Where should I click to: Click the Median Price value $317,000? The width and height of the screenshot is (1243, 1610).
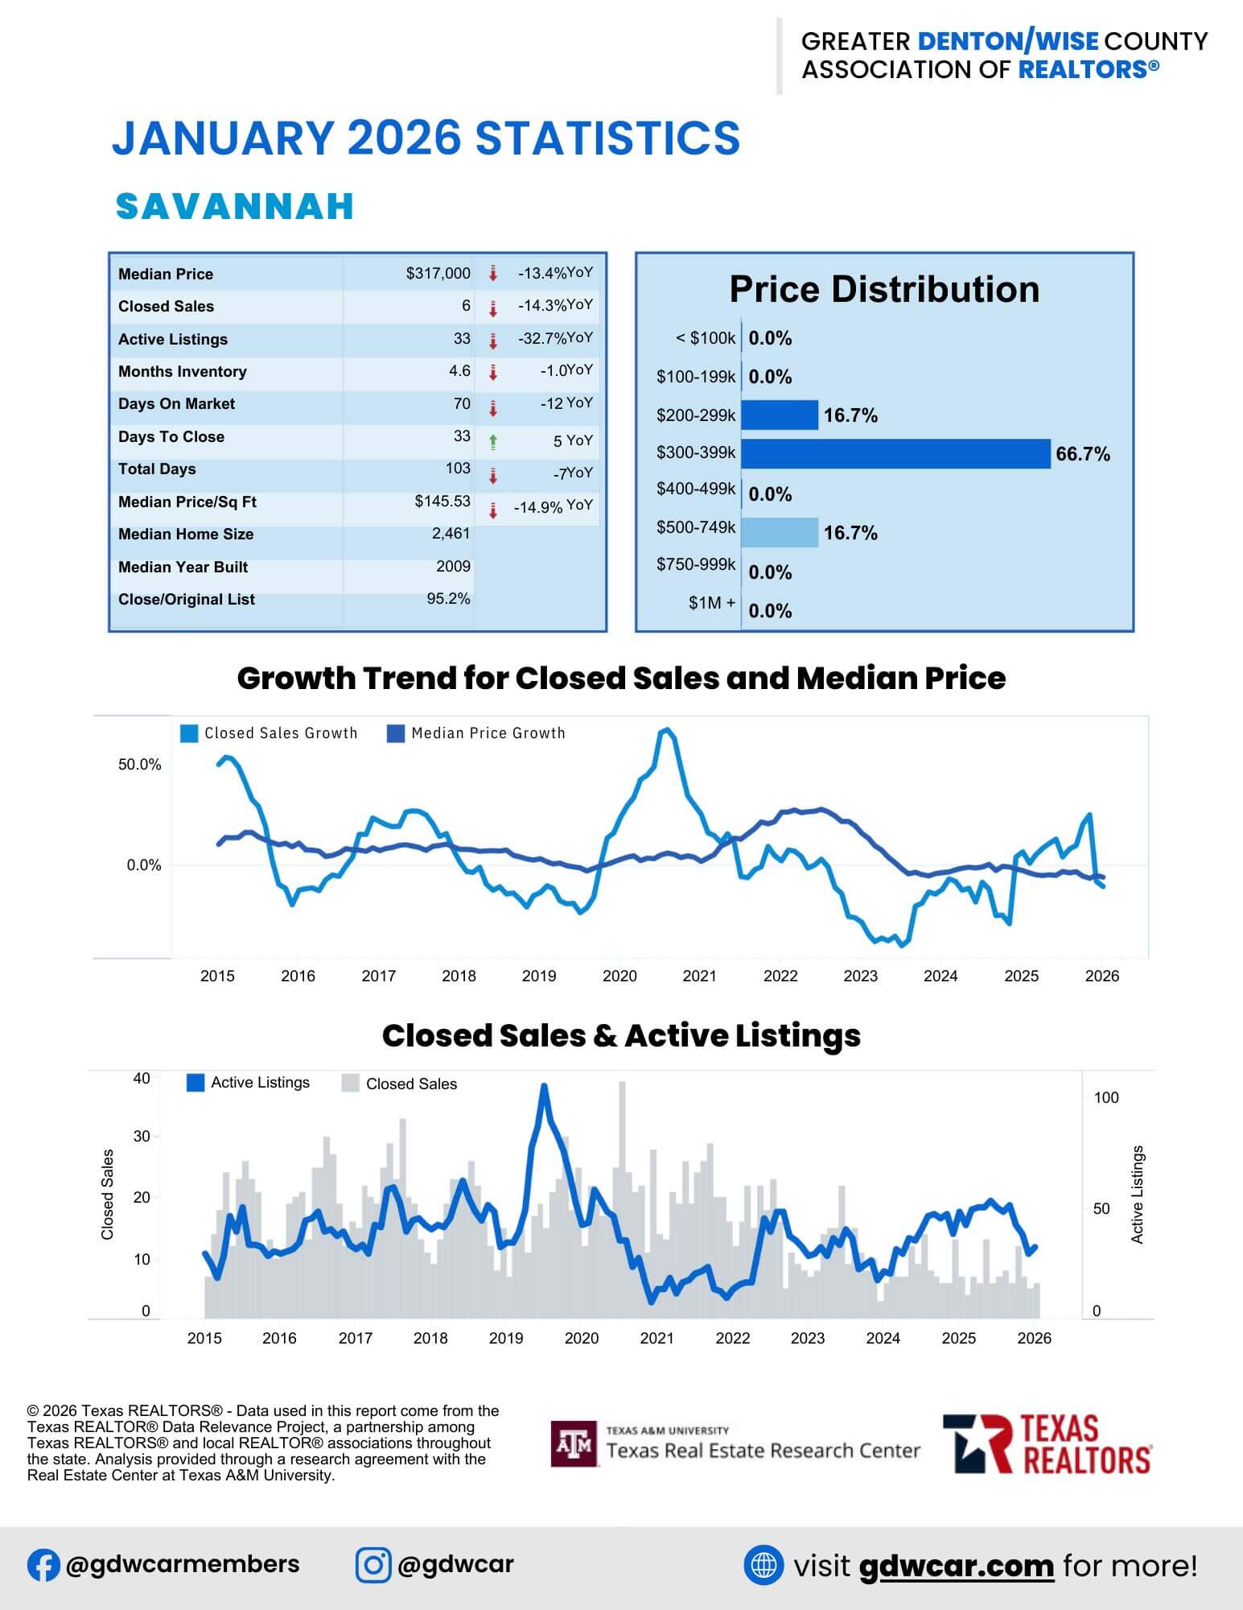(x=438, y=274)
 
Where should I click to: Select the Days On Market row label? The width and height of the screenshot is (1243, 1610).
(x=176, y=404)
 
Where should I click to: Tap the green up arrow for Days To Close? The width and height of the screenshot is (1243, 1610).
(x=493, y=441)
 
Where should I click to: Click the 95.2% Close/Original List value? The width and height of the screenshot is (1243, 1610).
(x=448, y=599)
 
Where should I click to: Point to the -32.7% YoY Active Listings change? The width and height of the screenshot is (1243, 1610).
(x=554, y=339)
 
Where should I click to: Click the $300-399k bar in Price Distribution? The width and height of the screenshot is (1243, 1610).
(x=895, y=454)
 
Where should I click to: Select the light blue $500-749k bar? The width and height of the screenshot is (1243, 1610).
(x=779, y=532)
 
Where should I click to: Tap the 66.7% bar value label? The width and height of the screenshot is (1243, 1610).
(x=1083, y=454)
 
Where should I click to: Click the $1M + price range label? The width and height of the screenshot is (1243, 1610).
(x=711, y=603)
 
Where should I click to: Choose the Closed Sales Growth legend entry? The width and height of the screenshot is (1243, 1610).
(x=270, y=733)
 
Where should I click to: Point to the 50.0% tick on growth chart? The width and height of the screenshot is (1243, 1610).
(x=139, y=765)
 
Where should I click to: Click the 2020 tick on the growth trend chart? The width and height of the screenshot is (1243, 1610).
(x=619, y=976)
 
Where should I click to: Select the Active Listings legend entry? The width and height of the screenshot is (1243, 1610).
(x=248, y=1083)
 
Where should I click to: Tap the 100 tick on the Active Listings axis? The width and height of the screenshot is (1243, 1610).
(x=1106, y=1098)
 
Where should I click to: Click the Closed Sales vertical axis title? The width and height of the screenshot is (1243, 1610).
(x=108, y=1194)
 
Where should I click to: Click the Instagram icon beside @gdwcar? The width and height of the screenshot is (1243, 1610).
(x=373, y=1565)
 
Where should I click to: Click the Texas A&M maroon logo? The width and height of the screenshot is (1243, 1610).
(x=574, y=1444)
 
